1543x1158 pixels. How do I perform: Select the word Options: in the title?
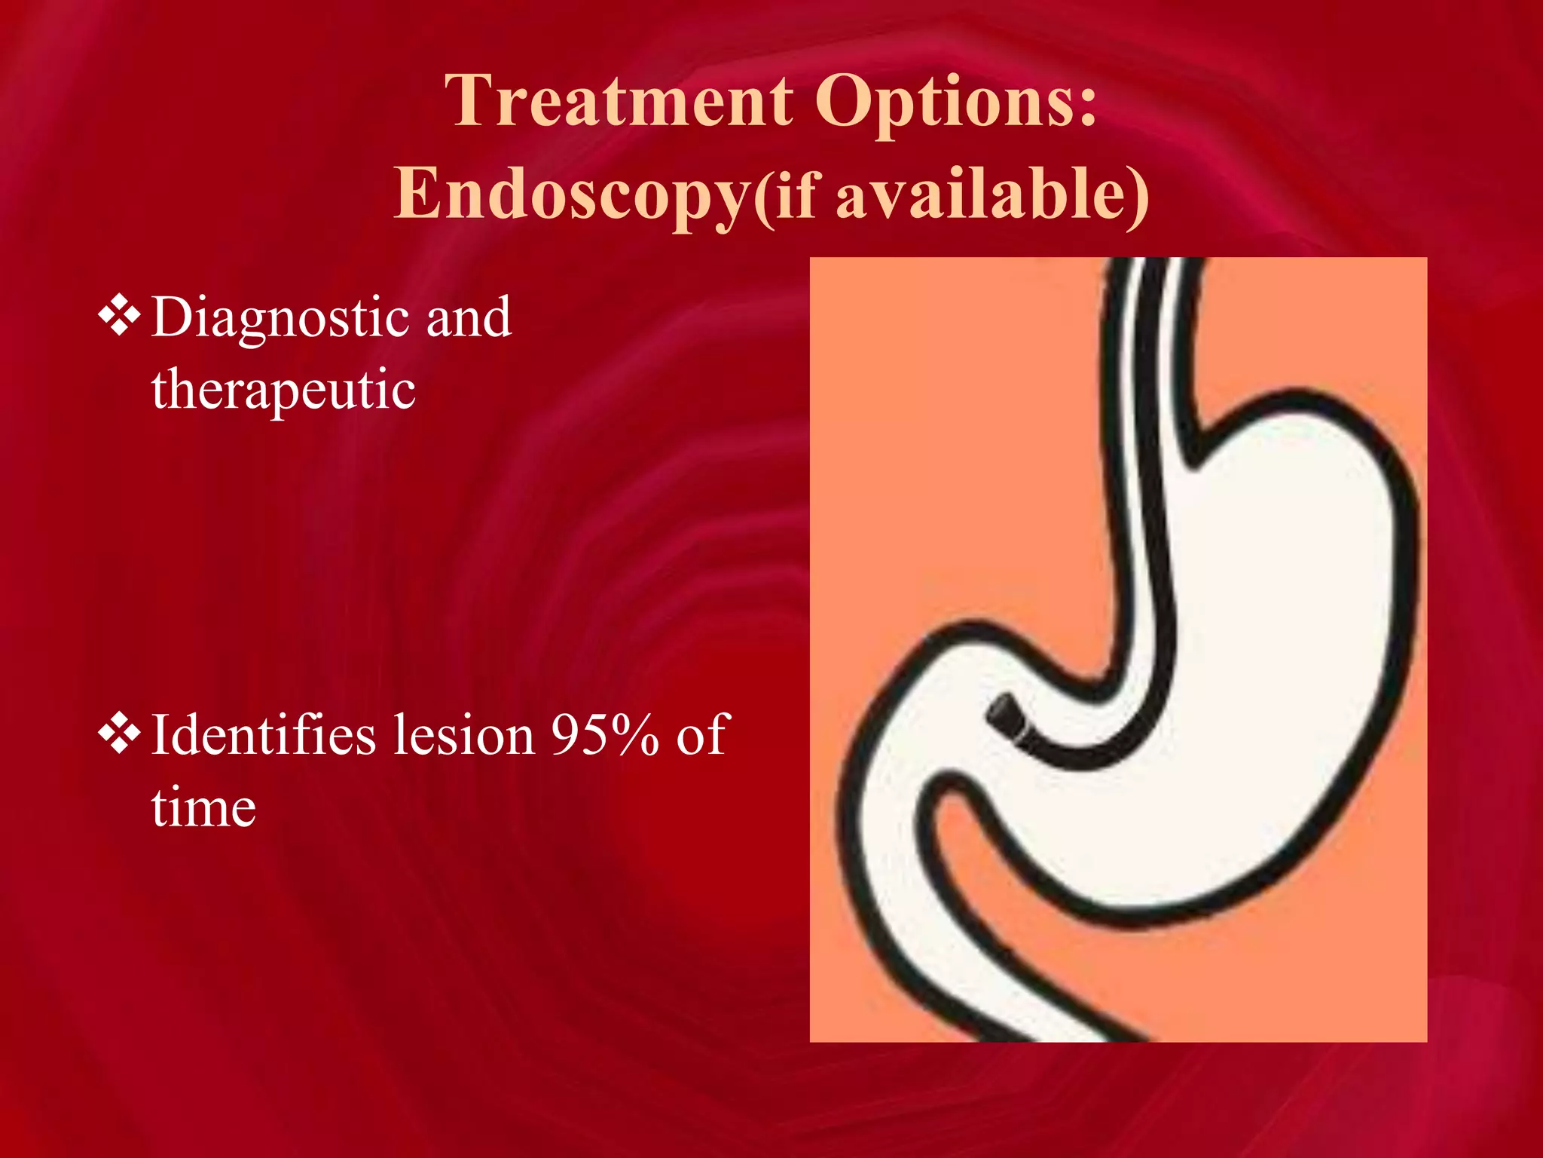click(x=955, y=103)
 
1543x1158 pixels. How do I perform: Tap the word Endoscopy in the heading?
click(x=571, y=195)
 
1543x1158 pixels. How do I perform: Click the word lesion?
click(x=464, y=734)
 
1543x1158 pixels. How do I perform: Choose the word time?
click(x=203, y=807)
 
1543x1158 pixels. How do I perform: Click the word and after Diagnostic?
click(x=469, y=318)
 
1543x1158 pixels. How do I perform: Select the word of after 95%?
click(x=701, y=735)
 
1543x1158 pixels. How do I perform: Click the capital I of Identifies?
click(x=160, y=734)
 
